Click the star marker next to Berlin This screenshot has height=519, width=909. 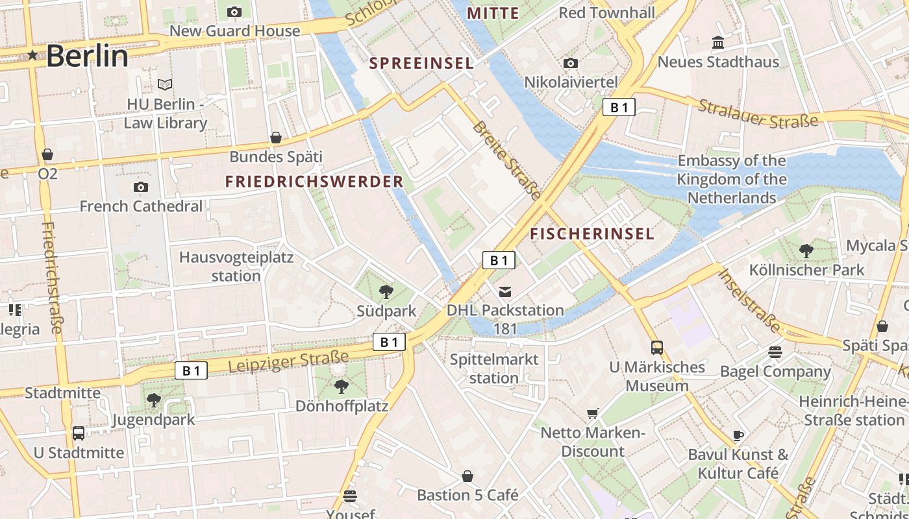(x=32, y=56)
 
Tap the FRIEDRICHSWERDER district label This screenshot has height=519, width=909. (x=314, y=182)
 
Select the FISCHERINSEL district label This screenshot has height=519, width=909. (x=592, y=234)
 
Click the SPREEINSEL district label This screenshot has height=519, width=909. (x=421, y=64)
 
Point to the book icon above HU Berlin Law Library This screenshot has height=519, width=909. (x=165, y=84)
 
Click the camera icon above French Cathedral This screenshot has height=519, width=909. (x=140, y=187)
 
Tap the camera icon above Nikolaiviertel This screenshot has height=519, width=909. (x=571, y=63)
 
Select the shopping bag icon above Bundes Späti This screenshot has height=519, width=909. (x=276, y=138)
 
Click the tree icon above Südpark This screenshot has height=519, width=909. (x=386, y=291)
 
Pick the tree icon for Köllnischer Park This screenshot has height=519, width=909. (x=806, y=250)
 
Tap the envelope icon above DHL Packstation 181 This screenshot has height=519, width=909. (x=505, y=291)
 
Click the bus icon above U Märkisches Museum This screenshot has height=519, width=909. (x=657, y=348)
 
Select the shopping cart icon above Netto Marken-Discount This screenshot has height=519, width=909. (x=592, y=413)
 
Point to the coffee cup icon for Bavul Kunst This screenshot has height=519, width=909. (x=738, y=435)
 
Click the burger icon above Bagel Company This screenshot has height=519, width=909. (x=775, y=352)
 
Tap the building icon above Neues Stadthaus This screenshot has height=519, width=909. (x=718, y=43)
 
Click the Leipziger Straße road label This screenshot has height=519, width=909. (x=289, y=361)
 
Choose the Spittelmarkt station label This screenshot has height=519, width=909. (x=494, y=368)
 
